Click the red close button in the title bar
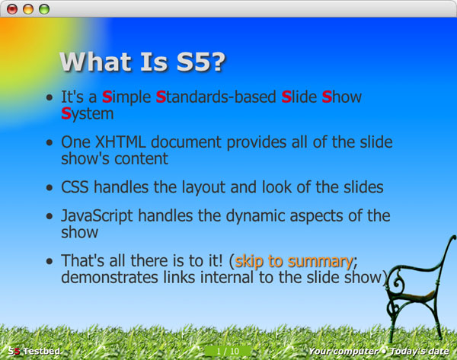click(x=12, y=9)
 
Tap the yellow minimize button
click(x=28, y=9)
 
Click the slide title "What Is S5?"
click(x=142, y=62)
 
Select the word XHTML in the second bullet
click(x=120, y=142)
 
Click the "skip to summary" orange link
click(x=294, y=261)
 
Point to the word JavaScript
click(x=97, y=216)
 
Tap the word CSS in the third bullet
click(x=75, y=187)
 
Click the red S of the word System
click(x=66, y=113)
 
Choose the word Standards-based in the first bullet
click(x=216, y=97)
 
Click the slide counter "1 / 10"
click(x=228, y=352)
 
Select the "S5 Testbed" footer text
click(x=34, y=352)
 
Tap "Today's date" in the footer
click(x=420, y=352)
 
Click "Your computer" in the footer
click(x=344, y=352)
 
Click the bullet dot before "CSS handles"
click(x=50, y=187)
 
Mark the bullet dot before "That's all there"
click(x=50, y=261)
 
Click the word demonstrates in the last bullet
click(x=109, y=278)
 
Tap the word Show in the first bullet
click(x=342, y=97)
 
